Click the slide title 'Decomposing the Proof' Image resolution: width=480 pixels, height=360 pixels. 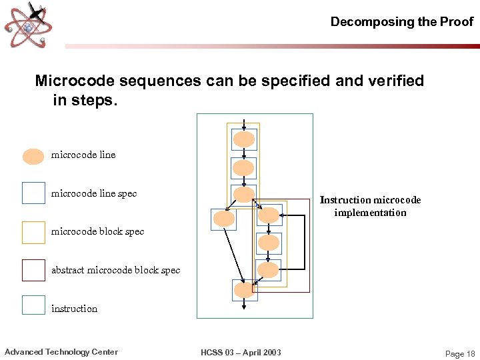click(x=401, y=21)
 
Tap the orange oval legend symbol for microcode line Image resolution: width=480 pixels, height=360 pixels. click(x=33, y=156)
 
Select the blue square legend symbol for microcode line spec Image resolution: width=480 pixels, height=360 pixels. click(x=33, y=193)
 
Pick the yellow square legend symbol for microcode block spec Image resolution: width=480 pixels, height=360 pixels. click(x=33, y=233)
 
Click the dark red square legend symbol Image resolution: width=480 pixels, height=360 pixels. click(x=33, y=270)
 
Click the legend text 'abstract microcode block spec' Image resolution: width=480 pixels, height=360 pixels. click(x=115, y=270)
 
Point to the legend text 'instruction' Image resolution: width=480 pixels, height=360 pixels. click(x=74, y=309)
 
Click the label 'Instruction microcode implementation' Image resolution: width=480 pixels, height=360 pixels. click(x=370, y=206)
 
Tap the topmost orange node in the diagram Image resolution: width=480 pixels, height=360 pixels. click(x=244, y=139)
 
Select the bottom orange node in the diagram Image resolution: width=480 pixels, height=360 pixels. click(x=244, y=290)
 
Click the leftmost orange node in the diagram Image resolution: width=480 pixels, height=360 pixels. click(x=223, y=219)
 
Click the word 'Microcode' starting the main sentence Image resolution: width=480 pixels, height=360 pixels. click(x=69, y=81)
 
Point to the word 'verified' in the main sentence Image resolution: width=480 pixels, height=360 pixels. click(x=395, y=81)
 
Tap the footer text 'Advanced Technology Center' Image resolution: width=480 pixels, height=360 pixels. click(x=61, y=352)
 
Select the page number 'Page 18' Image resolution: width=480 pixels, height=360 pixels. click(x=460, y=354)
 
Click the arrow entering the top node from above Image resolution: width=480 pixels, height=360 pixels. click(x=245, y=125)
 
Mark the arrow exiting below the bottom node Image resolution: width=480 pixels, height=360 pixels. click(x=245, y=304)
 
